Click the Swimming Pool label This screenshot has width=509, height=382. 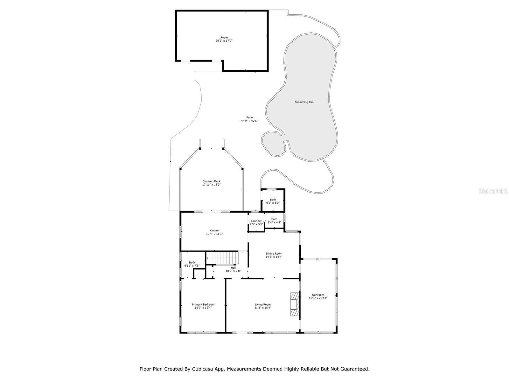(304, 102)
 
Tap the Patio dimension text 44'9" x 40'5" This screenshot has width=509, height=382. (249, 121)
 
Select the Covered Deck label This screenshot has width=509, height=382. (211, 181)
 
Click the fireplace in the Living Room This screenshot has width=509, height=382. (295, 304)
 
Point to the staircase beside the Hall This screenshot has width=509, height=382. (222, 258)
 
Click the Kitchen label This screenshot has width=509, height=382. (214, 230)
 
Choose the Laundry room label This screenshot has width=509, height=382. (256, 221)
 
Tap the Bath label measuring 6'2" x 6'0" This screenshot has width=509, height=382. (273, 200)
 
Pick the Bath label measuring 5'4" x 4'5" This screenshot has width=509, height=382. (274, 219)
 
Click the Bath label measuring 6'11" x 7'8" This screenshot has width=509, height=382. (192, 263)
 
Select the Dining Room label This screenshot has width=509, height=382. (274, 254)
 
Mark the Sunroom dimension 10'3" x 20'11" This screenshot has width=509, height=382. (318, 298)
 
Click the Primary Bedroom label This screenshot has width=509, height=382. (203, 304)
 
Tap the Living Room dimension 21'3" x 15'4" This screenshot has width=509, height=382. (263, 308)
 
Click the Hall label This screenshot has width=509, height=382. (233, 268)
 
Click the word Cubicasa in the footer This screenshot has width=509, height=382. (202, 369)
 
